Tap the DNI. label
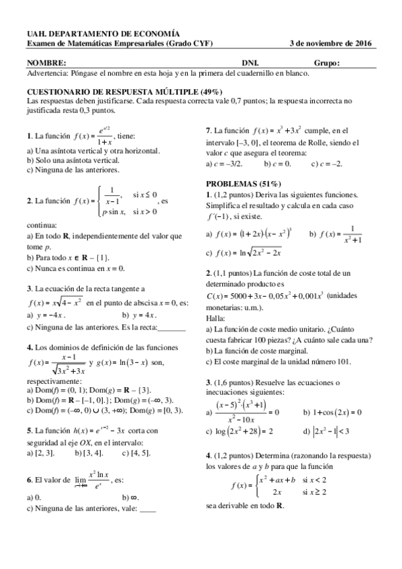250,63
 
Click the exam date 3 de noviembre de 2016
331,44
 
